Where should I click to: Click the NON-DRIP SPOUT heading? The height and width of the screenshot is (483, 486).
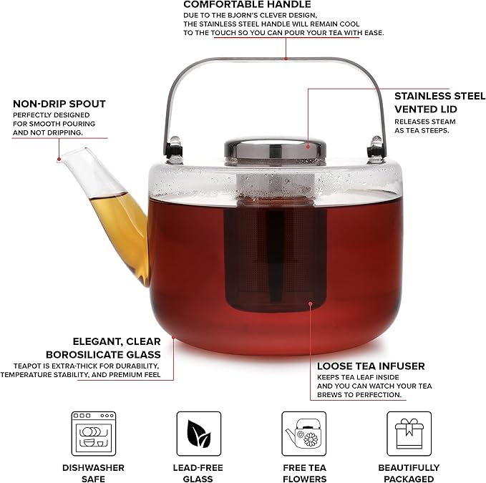[59, 104]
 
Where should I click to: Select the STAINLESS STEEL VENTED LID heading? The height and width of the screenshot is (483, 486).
[439, 102]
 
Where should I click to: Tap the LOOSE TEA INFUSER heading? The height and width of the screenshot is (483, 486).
[370, 366]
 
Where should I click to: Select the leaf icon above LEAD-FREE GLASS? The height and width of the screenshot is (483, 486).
[198, 434]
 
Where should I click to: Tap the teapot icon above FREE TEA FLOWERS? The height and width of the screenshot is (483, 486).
[303, 434]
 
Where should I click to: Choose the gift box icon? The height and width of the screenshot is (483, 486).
[409, 434]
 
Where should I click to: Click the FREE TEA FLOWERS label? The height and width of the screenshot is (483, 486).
[303, 473]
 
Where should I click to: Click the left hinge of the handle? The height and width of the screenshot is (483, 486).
[171, 149]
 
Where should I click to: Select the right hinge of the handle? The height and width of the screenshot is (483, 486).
[373, 149]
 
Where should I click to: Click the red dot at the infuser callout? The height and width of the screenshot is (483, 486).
[310, 303]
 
